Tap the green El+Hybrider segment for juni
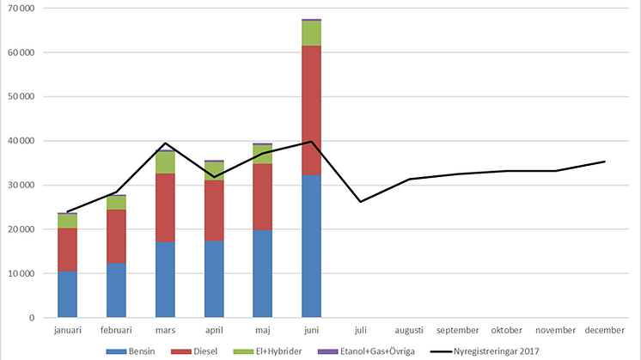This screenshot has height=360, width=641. coord(311,34)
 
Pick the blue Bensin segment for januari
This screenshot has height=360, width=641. coord(67,294)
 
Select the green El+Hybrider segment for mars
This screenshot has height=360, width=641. coord(165,162)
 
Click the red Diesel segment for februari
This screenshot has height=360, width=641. coord(116,236)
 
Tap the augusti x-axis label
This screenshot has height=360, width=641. coord(409,330)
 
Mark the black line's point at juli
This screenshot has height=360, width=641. coord(360,201)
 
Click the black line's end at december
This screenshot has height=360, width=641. coord(604,162)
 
